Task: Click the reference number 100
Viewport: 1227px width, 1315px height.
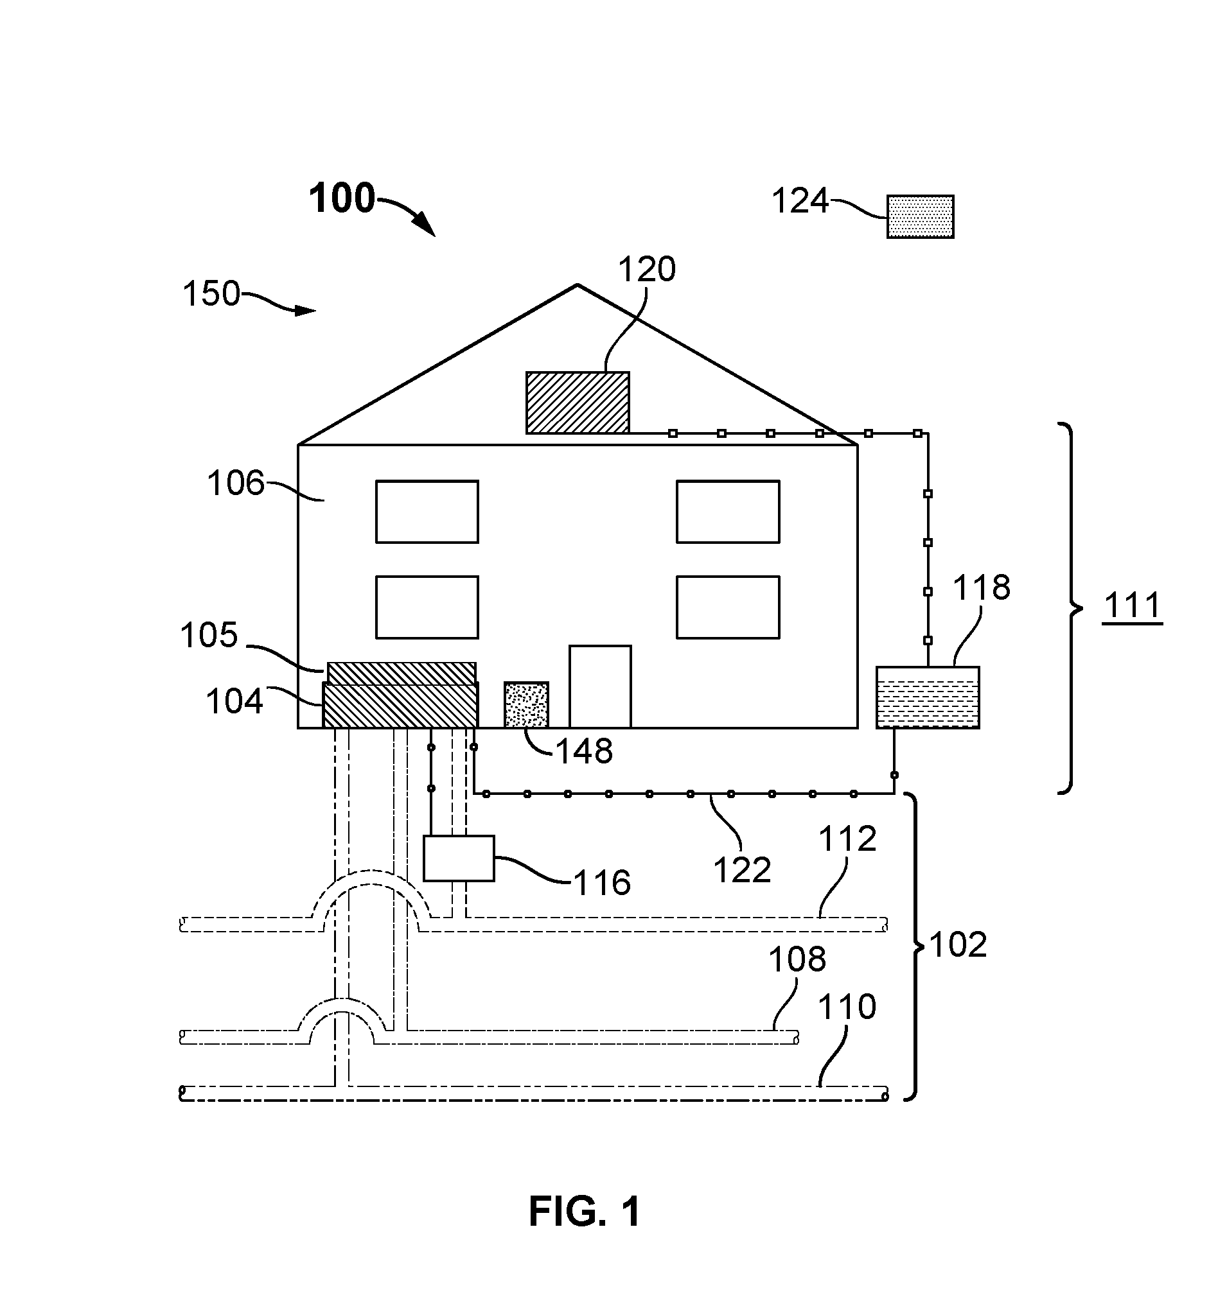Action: (342, 198)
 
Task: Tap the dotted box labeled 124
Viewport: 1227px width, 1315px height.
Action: (920, 216)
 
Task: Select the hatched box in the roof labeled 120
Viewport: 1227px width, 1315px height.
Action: (577, 403)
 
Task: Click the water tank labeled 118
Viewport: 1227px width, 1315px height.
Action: (927, 697)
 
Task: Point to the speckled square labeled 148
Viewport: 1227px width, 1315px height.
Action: (526, 705)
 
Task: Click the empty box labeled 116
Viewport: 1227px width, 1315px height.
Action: (459, 858)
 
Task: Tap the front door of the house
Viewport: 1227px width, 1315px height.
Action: (600, 686)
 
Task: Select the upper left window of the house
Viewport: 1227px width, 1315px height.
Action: (427, 512)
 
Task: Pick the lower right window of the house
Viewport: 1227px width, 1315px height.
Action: (728, 607)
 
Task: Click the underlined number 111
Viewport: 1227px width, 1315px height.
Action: (1132, 605)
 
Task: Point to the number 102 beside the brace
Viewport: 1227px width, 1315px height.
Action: (958, 945)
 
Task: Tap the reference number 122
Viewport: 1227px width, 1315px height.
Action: (742, 871)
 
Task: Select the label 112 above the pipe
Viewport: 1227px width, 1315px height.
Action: (848, 839)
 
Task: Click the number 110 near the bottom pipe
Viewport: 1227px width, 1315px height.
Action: (847, 1007)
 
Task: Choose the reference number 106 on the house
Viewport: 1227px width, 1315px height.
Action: (236, 483)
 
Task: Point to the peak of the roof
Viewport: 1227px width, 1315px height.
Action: (578, 285)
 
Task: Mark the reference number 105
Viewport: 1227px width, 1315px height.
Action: (209, 635)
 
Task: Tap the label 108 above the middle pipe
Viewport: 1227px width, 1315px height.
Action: (797, 959)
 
